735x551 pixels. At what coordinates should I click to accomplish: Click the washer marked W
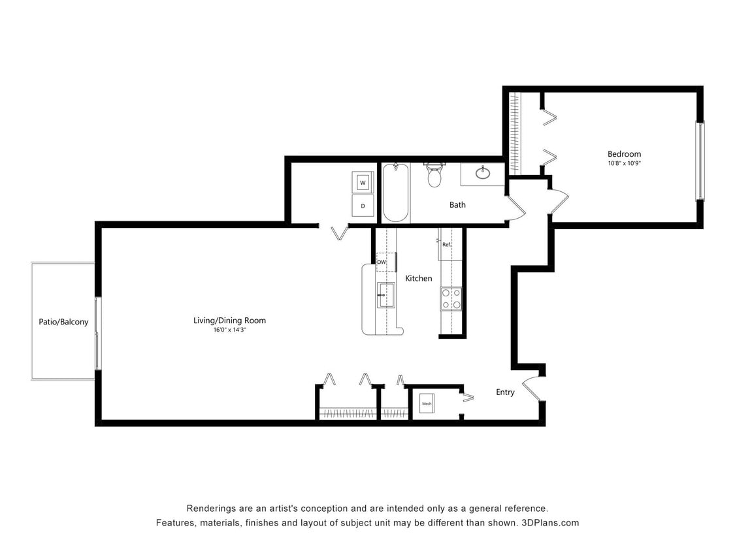click(363, 182)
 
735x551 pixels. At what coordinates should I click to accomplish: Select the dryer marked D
click(363, 206)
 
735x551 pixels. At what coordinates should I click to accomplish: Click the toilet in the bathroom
click(434, 175)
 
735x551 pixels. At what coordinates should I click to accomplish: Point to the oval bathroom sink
click(483, 173)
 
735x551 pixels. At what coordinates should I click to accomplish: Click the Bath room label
click(457, 205)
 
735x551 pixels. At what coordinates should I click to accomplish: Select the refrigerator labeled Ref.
click(447, 244)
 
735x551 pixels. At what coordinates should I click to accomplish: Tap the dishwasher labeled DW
click(382, 262)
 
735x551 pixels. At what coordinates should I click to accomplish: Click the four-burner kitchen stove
click(451, 298)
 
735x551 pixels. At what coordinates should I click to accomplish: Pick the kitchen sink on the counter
click(386, 295)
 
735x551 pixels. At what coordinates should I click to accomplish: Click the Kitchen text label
click(418, 279)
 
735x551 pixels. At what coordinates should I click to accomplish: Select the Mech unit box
click(427, 404)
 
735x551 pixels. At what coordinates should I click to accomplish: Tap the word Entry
click(505, 392)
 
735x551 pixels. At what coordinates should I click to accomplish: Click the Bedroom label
click(624, 155)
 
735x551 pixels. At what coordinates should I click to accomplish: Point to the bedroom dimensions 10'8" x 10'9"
click(624, 164)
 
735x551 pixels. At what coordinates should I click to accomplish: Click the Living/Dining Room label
click(229, 321)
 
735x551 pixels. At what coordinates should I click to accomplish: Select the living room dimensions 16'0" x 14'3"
click(229, 330)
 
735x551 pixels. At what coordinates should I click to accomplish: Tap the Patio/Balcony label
click(63, 322)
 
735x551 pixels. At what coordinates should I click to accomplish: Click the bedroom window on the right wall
click(700, 160)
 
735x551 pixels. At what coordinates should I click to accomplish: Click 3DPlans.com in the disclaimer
click(550, 523)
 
